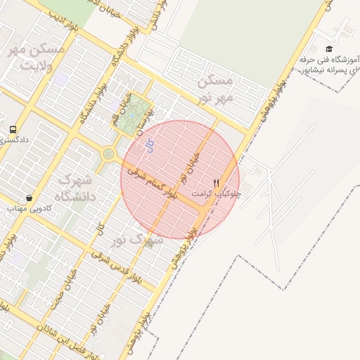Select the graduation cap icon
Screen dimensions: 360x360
(329, 49)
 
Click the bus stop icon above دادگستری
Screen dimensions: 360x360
(13, 129)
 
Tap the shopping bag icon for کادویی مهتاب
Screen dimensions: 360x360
(28, 198)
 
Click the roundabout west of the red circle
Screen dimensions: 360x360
(109, 154)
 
